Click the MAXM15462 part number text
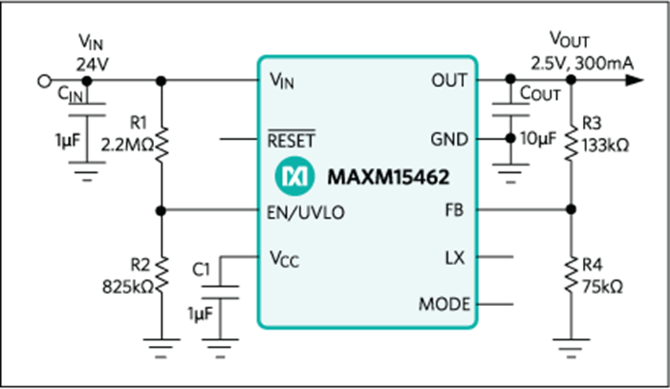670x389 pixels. point(388,177)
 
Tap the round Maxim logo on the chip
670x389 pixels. point(295,176)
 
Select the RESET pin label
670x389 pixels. point(292,139)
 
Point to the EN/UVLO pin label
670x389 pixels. point(305,213)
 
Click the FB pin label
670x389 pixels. point(454,210)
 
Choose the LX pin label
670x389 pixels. point(455,258)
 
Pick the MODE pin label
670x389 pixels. point(445,305)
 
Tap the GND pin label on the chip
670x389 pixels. point(449,139)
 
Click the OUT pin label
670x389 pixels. point(449,81)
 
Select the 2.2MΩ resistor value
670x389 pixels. point(128,146)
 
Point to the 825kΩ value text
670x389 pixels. point(128,287)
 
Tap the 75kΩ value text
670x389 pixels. point(602,287)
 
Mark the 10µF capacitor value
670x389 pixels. point(538,138)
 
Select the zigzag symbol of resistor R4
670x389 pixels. point(571,275)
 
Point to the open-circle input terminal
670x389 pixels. point(45,81)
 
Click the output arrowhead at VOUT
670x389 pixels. point(635,80)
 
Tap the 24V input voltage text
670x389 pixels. point(92,65)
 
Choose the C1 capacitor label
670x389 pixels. point(201,269)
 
